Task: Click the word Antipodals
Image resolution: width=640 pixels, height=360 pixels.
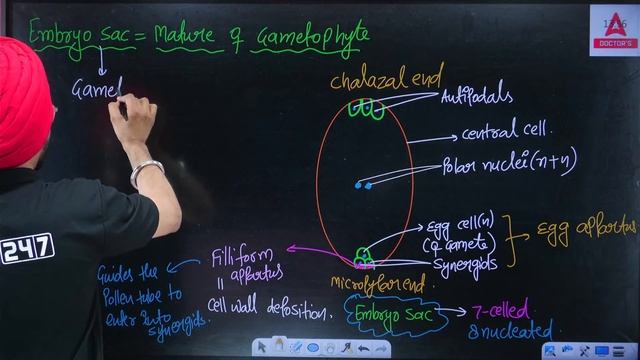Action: (x=477, y=97)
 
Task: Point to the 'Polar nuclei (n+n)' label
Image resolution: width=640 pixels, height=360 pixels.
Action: (x=509, y=163)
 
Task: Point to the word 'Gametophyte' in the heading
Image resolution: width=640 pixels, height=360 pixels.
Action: (x=312, y=37)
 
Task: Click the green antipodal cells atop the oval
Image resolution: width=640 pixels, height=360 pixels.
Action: (x=365, y=108)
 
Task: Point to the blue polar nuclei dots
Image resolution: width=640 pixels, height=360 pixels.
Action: (x=362, y=185)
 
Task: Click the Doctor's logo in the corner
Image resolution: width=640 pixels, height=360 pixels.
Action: (x=611, y=29)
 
